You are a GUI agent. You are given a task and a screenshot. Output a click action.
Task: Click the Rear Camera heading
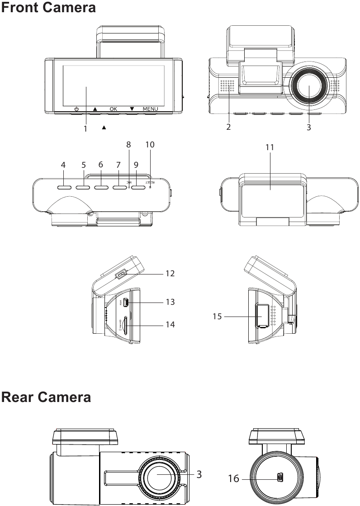click(46, 397)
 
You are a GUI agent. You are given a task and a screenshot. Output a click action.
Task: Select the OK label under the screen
click(113, 109)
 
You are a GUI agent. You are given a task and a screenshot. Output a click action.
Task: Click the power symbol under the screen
click(76, 109)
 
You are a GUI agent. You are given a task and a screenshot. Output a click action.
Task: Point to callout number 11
click(270, 147)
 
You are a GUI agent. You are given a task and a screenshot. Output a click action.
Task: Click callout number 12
click(170, 274)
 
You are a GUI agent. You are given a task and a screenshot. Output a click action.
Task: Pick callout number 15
click(218, 316)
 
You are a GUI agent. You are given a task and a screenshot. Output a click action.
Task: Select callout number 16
click(233, 478)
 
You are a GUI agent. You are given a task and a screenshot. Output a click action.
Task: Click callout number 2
click(229, 127)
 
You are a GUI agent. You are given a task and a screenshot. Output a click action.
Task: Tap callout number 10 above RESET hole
click(150, 145)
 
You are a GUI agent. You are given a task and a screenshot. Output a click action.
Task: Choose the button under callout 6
click(101, 186)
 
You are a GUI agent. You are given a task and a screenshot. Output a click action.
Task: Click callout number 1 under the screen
click(85, 128)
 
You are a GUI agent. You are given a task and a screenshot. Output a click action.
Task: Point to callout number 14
click(170, 325)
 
